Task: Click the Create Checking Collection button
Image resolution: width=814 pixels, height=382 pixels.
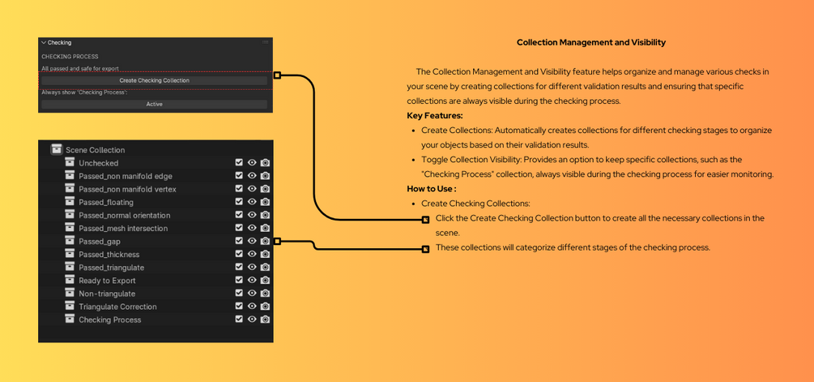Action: point(154,80)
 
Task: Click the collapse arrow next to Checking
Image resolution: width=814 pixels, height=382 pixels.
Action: point(44,43)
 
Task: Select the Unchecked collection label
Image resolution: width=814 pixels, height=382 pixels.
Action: point(98,163)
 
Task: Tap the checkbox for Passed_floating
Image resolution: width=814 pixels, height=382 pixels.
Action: point(239,202)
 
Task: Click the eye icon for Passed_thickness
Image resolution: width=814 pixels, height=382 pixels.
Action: point(252,254)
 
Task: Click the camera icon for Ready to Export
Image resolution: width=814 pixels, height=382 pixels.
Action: point(265,280)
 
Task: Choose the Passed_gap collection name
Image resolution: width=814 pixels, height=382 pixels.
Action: point(99,242)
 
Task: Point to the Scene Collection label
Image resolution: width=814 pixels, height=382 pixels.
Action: point(95,150)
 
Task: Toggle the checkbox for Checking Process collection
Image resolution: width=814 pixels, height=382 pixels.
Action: point(239,319)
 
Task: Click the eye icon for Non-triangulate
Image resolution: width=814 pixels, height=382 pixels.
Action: point(252,293)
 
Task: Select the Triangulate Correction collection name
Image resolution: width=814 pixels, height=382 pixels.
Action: point(117,307)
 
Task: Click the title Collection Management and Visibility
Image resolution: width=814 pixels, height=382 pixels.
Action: point(591,42)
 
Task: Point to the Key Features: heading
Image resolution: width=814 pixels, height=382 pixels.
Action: point(435,116)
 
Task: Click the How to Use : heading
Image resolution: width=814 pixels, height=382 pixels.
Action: point(431,189)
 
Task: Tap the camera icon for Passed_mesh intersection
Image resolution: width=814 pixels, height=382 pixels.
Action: point(265,228)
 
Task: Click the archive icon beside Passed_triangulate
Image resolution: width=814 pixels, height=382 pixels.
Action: point(70,267)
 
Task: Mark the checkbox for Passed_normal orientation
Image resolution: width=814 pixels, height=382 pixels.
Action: point(239,215)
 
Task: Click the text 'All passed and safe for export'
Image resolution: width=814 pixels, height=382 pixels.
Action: point(80,69)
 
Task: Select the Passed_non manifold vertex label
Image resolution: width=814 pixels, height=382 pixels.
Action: point(127,189)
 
